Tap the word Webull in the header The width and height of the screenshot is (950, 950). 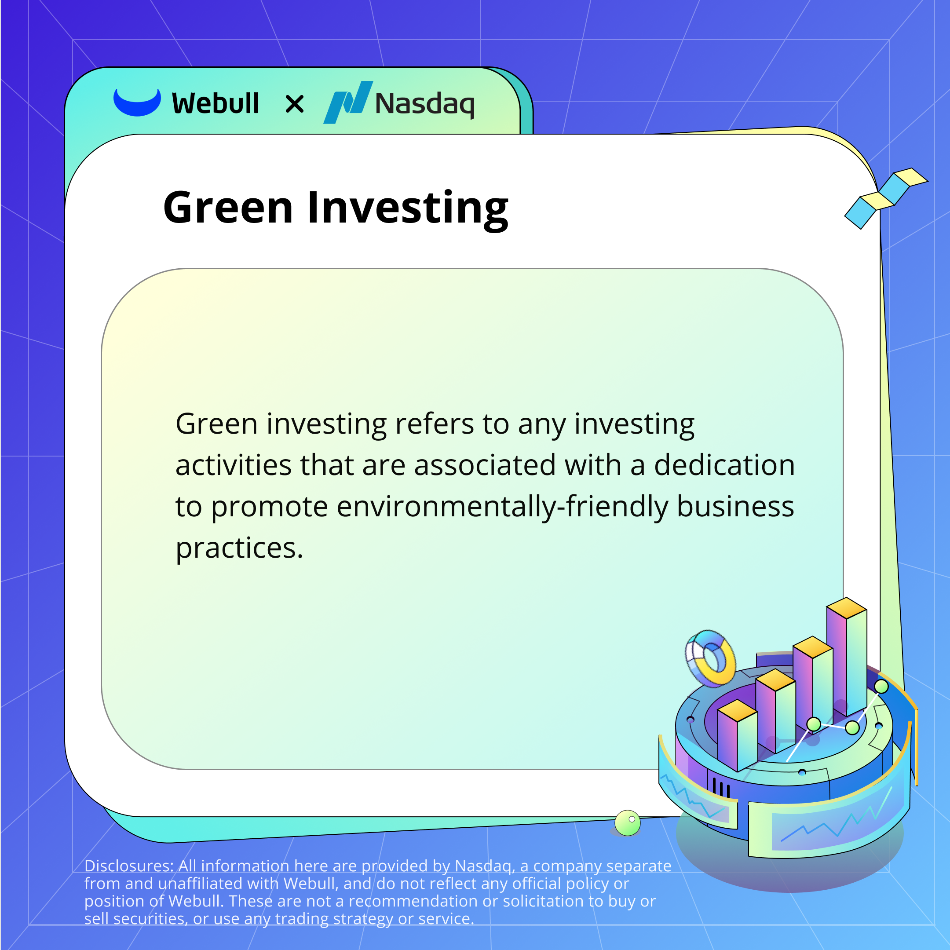pos(216,103)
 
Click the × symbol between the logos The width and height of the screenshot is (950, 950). pos(295,104)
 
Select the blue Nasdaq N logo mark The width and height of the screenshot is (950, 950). pos(347,102)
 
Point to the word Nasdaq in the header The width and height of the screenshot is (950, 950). pos(425,104)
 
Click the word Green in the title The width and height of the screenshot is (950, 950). pos(228,208)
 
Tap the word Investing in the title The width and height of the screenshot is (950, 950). pos(408,209)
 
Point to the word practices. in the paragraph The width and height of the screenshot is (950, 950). pos(239,549)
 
